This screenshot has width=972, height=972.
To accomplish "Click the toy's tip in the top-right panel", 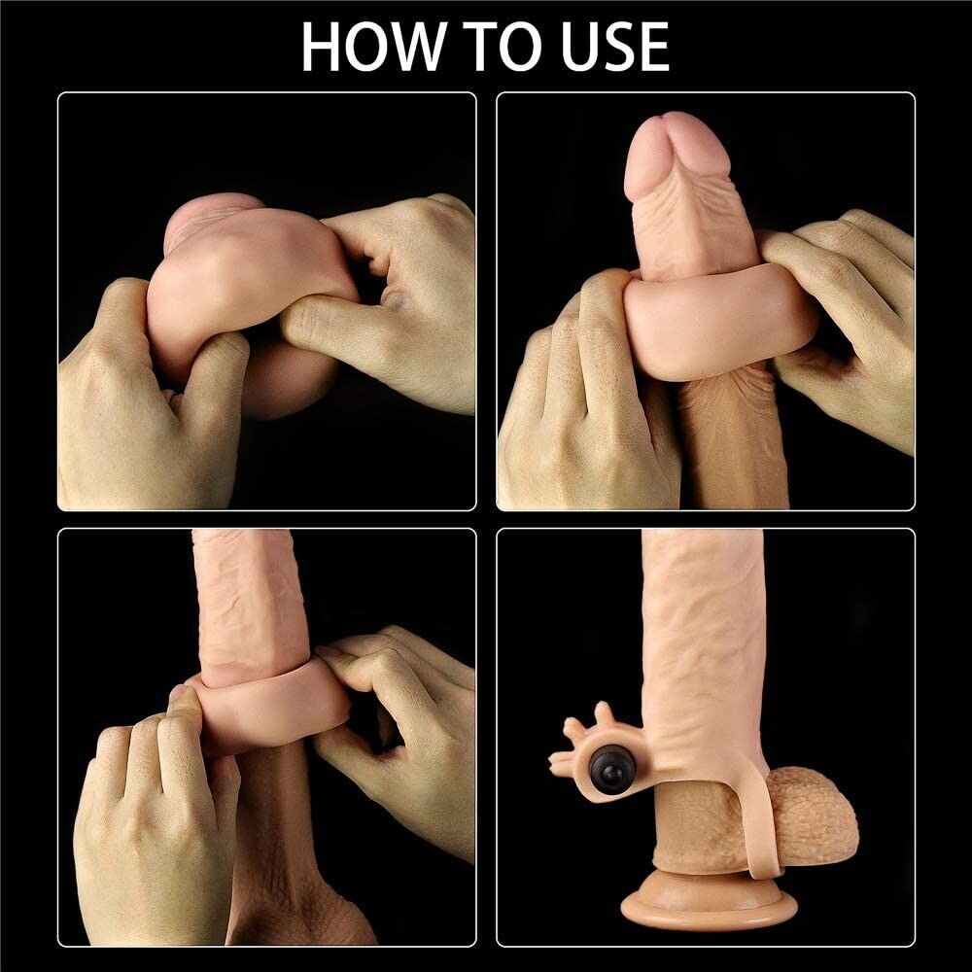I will point(677,156).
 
